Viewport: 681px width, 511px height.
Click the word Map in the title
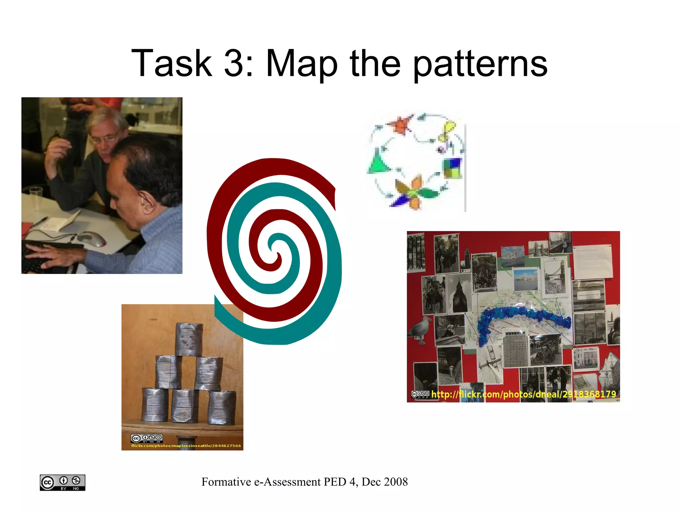[x=302, y=63]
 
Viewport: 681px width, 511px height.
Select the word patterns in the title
[x=480, y=63]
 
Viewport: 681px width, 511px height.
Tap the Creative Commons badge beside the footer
[x=63, y=482]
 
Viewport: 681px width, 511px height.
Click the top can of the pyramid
[x=189, y=339]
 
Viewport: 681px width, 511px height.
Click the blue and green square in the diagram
[x=453, y=168]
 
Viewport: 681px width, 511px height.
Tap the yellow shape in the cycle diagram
[x=447, y=130]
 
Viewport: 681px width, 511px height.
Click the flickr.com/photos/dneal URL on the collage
[x=523, y=394]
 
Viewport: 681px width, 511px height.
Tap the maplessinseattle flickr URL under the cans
[x=186, y=445]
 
